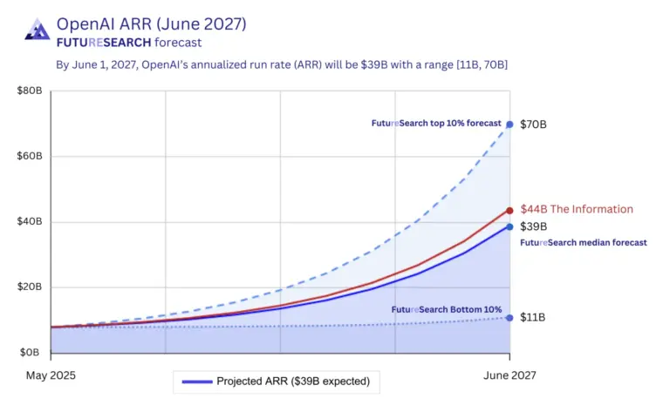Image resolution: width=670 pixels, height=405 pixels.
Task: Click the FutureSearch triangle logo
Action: (x=36, y=30)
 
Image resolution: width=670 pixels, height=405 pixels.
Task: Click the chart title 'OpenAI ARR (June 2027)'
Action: (x=151, y=23)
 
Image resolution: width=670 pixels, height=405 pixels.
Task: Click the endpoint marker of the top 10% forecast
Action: (x=509, y=125)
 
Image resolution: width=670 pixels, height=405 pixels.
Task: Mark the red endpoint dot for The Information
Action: (x=509, y=210)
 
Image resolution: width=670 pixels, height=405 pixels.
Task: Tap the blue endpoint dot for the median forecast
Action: (x=509, y=226)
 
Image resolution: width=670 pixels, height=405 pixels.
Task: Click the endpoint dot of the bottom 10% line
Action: (x=509, y=317)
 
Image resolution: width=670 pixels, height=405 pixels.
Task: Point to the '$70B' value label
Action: (x=533, y=125)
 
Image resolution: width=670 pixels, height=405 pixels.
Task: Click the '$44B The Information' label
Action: (x=576, y=209)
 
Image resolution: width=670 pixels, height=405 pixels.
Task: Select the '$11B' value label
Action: (x=533, y=318)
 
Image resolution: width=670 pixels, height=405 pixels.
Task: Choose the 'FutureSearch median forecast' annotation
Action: (x=583, y=242)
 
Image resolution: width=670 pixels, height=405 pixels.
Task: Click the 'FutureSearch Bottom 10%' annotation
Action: (x=446, y=309)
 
